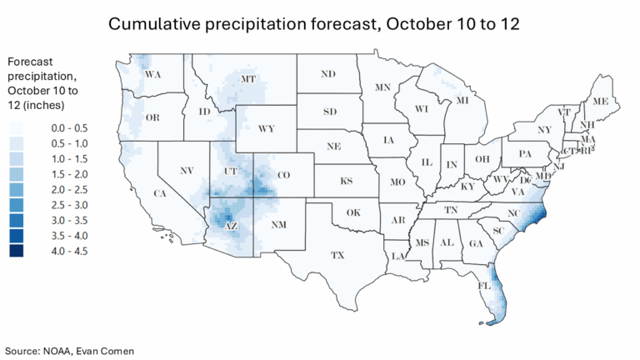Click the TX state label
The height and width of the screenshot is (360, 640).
(x=337, y=254)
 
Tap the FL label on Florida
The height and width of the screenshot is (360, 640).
(x=483, y=285)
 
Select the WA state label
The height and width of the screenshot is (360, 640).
(x=152, y=75)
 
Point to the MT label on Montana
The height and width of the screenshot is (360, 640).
(x=247, y=79)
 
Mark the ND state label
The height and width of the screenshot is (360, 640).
(x=327, y=74)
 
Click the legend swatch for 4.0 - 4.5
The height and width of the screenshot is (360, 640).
(x=17, y=251)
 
